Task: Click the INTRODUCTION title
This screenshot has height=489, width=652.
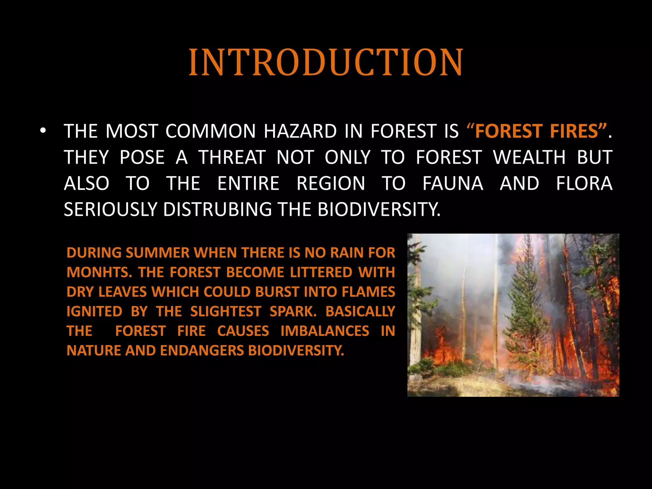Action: [326, 62]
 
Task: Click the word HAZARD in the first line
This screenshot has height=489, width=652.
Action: [300, 131]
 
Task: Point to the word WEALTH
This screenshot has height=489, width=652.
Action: [529, 157]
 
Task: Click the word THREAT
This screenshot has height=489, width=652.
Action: [232, 157]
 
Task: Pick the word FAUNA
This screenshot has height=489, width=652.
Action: [453, 183]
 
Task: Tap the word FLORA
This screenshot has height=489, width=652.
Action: [584, 183]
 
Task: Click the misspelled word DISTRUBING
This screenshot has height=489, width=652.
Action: [217, 209]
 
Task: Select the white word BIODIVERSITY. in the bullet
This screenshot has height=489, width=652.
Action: [379, 209]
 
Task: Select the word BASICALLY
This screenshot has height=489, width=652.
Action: [360, 311]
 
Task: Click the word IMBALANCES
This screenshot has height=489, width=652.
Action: [325, 331]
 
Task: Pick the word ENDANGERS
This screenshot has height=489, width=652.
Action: [202, 351]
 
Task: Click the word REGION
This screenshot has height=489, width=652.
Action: [331, 183]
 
